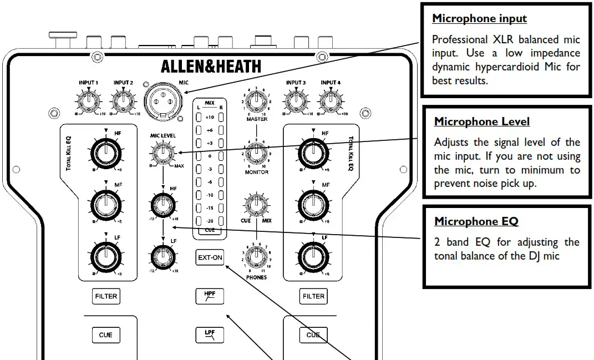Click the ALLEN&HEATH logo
click(x=211, y=67)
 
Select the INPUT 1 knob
click(x=88, y=101)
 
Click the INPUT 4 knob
click(x=330, y=101)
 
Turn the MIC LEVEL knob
click(x=163, y=153)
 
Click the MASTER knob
click(x=255, y=102)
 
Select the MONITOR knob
click(x=255, y=154)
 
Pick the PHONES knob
click(x=255, y=258)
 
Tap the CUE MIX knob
click(x=255, y=205)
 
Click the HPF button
click(x=210, y=296)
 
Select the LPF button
click(x=210, y=334)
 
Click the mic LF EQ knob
click(x=163, y=256)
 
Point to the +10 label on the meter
click(x=210, y=118)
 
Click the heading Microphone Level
click(x=481, y=121)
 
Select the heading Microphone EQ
click(x=476, y=221)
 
